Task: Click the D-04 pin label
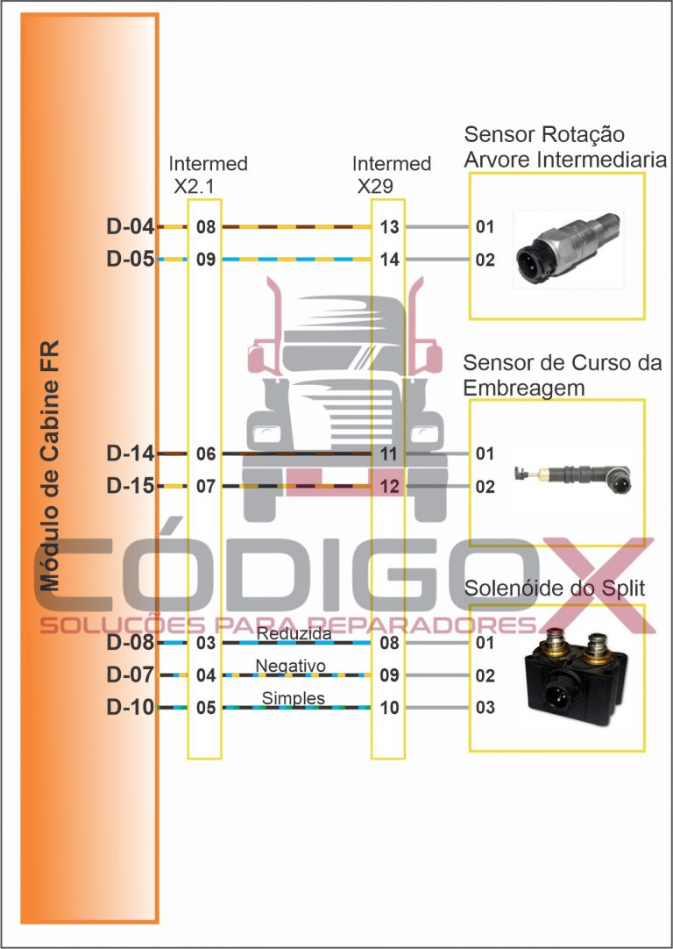click(x=130, y=228)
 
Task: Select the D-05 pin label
click(x=130, y=260)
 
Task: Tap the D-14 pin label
click(x=130, y=453)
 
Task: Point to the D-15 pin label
click(x=130, y=485)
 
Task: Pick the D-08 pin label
click(x=130, y=643)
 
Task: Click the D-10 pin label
click(x=130, y=707)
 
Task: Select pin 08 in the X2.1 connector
click(x=206, y=228)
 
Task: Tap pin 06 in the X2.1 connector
click(x=206, y=454)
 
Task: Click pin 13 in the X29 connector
click(x=390, y=228)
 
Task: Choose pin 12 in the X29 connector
click(x=390, y=486)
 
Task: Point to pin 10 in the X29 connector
click(x=390, y=708)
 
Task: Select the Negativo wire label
click(x=290, y=667)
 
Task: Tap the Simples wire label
click(x=294, y=698)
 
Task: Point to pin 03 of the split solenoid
click(x=485, y=708)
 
